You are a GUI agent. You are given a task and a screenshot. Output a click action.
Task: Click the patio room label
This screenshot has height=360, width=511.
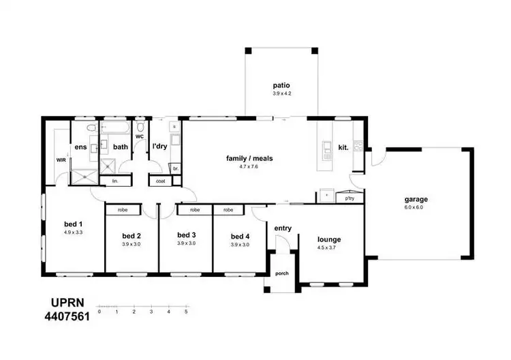tap(281, 86)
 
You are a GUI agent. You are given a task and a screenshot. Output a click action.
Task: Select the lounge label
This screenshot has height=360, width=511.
tap(328, 239)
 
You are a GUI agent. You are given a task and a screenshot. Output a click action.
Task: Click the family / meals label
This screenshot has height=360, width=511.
tap(249, 158)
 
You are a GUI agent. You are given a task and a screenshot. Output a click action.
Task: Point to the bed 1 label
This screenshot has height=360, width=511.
tap(73, 224)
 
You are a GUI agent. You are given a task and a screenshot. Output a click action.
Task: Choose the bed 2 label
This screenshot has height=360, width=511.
tap(131, 236)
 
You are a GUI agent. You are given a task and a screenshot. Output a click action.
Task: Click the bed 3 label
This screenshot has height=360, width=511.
tap(186, 236)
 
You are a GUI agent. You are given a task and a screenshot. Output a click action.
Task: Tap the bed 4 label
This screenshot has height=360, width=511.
tap(240, 236)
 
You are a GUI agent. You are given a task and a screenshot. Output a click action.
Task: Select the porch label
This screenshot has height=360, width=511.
tap(281, 274)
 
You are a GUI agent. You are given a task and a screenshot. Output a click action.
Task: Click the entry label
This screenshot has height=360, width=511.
tap(283, 228)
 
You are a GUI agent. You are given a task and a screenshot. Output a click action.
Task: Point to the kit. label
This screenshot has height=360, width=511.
tap(343, 147)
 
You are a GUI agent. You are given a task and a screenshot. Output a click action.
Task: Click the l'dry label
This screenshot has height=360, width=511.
tap(159, 147)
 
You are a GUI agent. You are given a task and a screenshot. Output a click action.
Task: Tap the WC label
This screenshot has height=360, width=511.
tap(139, 137)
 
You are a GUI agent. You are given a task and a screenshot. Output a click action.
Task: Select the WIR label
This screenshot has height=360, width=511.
tap(61, 160)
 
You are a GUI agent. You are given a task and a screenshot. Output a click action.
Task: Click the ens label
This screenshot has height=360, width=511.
tap(80, 147)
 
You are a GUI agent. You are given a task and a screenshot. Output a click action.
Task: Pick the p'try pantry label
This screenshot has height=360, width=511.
tap(350, 198)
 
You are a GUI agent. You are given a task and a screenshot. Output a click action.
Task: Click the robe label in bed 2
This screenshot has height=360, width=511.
tap(123, 210)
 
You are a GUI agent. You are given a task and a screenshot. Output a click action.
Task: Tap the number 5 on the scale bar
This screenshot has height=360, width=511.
tap(186, 312)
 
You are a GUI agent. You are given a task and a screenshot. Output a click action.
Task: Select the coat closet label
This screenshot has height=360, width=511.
tap(161, 181)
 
